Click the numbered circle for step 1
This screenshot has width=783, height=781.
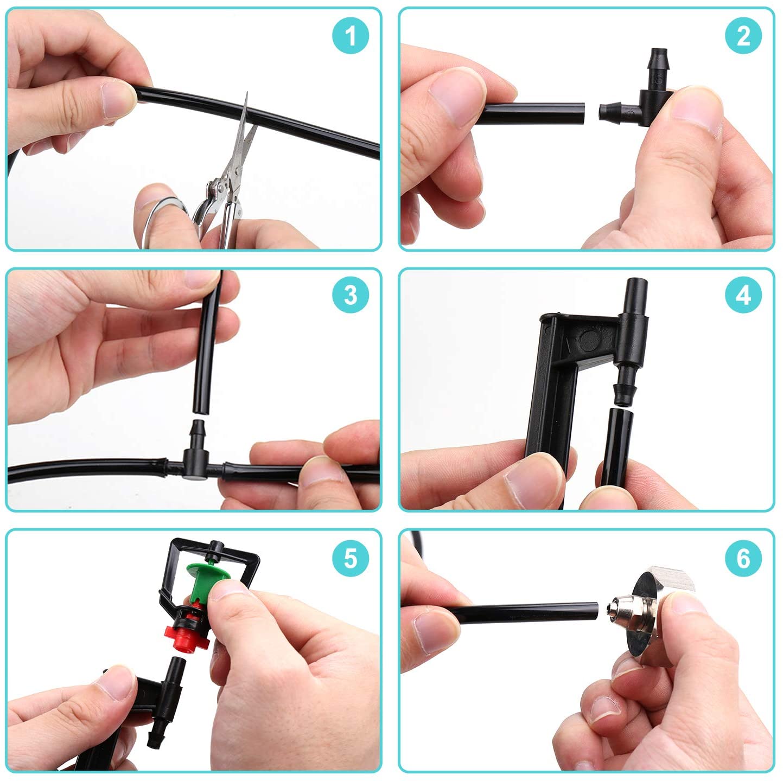coord(350,35)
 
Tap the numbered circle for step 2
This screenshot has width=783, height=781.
coord(743,35)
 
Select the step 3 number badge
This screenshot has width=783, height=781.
coord(350,295)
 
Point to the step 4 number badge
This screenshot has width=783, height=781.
coord(743,295)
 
